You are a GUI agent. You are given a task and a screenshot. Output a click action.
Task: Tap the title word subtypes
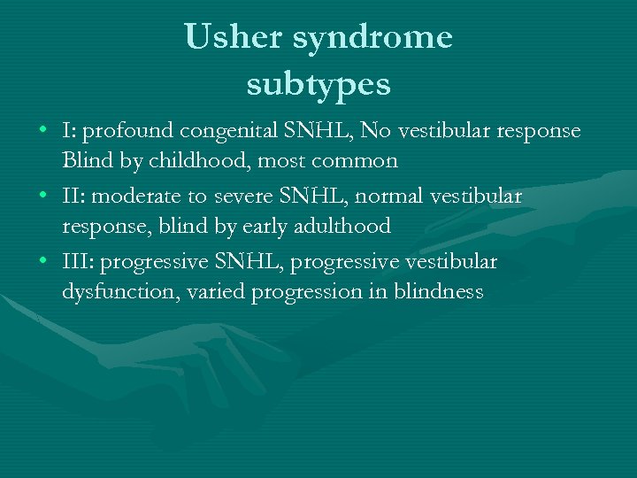tap(318, 85)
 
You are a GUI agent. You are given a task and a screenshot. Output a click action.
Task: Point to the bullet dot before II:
tap(43, 197)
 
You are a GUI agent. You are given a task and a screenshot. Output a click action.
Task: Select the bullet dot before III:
tap(43, 262)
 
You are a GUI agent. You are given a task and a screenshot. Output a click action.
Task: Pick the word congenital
tap(229, 132)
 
